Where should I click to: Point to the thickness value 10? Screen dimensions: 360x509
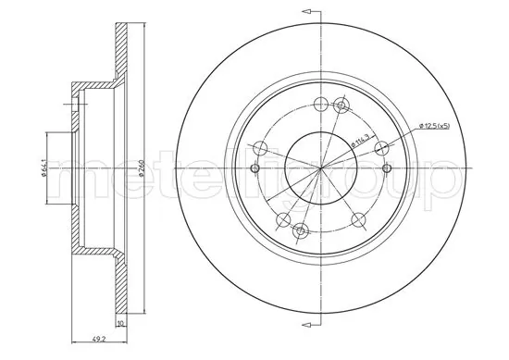click(x=121, y=325)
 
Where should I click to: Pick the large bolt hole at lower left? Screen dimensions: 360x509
click(x=282, y=219)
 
